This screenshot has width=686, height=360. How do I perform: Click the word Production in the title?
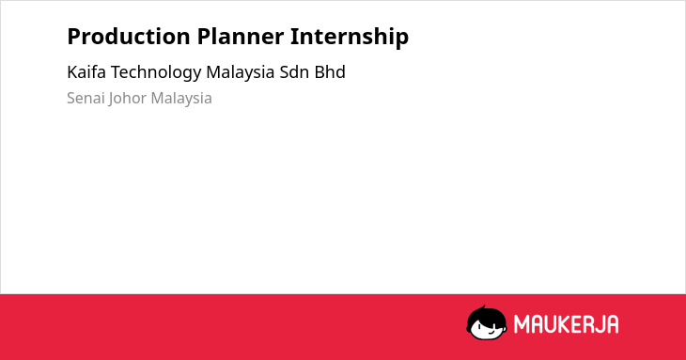tap(129, 37)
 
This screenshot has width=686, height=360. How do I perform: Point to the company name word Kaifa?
tap(86, 72)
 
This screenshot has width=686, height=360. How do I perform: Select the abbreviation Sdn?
tap(294, 72)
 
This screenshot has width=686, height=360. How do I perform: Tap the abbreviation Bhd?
tap(330, 72)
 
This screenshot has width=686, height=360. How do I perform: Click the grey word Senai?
tap(86, 98)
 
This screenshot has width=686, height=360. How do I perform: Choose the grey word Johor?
tap(127, 99)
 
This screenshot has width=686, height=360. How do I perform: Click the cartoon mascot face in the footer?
tap(487, 323)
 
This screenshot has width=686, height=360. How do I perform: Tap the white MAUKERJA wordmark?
tap(566, 324)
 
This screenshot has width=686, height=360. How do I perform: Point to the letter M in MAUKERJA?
tap(521, 324)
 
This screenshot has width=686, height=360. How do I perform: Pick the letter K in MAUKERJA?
tap(562, 324)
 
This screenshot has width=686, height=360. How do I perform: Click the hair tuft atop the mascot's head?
tap(483, 307)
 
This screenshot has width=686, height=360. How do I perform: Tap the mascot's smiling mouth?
tap(491, 332)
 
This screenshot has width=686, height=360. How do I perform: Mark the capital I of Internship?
tap(294, 37)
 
